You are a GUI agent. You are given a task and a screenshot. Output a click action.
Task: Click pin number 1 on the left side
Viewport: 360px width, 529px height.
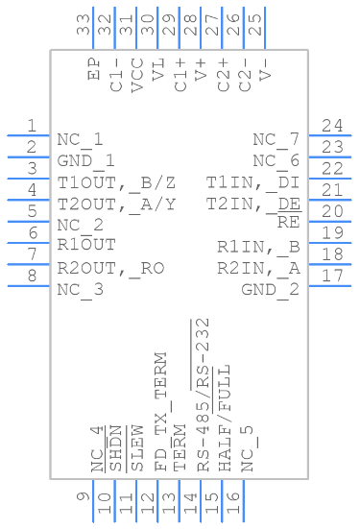(32, 126)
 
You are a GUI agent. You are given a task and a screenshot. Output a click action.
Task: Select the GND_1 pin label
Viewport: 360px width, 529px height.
(86, 160)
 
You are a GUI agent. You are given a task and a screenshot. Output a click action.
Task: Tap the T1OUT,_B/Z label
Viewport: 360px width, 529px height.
(116, 181)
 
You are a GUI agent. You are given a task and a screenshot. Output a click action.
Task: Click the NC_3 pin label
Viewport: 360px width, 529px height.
(80, 289)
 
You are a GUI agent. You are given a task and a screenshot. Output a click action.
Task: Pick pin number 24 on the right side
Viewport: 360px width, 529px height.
(333, 126)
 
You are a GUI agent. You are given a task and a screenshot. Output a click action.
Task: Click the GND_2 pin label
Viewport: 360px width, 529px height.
(270, 289)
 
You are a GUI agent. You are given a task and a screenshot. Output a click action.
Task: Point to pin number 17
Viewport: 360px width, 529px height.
(333, 276)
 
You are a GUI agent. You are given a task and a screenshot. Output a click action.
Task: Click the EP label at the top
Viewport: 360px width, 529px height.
(94, 69)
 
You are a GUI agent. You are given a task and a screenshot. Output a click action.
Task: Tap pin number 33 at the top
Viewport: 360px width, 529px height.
(84, 24)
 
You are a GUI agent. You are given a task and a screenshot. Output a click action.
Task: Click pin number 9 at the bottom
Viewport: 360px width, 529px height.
(84, 495)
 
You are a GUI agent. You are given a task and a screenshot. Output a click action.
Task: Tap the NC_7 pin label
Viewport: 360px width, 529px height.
(276, 139)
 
